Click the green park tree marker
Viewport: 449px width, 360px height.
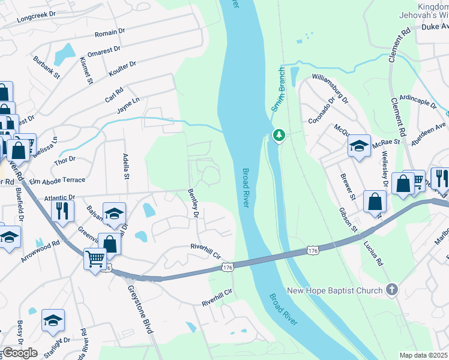(279, 136)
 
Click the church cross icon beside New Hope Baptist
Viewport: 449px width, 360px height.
(391, 290)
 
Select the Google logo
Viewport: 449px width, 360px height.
(20, 353)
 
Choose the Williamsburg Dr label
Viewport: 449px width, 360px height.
(330, 88)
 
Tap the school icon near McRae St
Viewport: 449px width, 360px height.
(359, 146)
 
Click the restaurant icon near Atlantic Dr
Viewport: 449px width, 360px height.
(62, 211)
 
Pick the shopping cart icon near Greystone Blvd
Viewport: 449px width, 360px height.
(95, 259)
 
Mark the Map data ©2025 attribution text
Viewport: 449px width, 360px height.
(424, 355)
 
